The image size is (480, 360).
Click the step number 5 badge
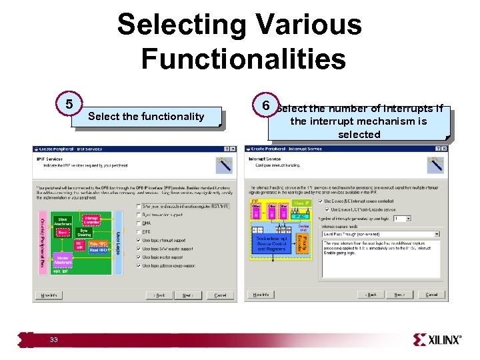(69, 105)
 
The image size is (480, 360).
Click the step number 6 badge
(265, 105)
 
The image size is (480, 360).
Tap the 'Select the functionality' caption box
(146, 117)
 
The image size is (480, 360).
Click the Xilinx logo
(437, 340)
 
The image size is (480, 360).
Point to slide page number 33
(54, 341)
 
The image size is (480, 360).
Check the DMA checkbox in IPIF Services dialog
(138, 223)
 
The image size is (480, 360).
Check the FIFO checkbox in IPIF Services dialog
(138, 232)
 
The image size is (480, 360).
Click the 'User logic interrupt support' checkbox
(138, 240)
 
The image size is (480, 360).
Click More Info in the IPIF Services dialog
(49, 295)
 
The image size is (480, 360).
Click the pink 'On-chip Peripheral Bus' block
(42, 237)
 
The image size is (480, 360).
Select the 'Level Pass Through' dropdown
(379, 234)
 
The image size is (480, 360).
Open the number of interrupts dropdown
(402, 218)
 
